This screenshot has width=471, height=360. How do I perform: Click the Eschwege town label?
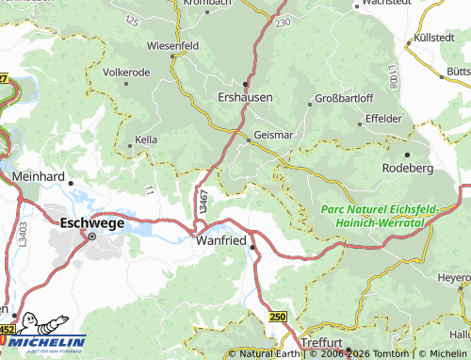[92, 223]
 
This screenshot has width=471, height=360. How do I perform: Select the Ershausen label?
[245, 97]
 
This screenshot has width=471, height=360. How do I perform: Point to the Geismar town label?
[274, 136]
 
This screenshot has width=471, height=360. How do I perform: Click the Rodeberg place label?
[407, 167]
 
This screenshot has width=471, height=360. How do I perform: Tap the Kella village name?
[146, 139]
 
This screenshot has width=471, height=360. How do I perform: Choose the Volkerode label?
[126, 72]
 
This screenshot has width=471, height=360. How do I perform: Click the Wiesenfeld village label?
[172, 44]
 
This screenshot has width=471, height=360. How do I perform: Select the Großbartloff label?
[344, 97]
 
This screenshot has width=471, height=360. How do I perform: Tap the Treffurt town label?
[328, 343]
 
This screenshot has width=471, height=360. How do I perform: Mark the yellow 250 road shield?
[277, 318]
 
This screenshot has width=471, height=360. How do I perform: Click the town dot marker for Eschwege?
[92, 237]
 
